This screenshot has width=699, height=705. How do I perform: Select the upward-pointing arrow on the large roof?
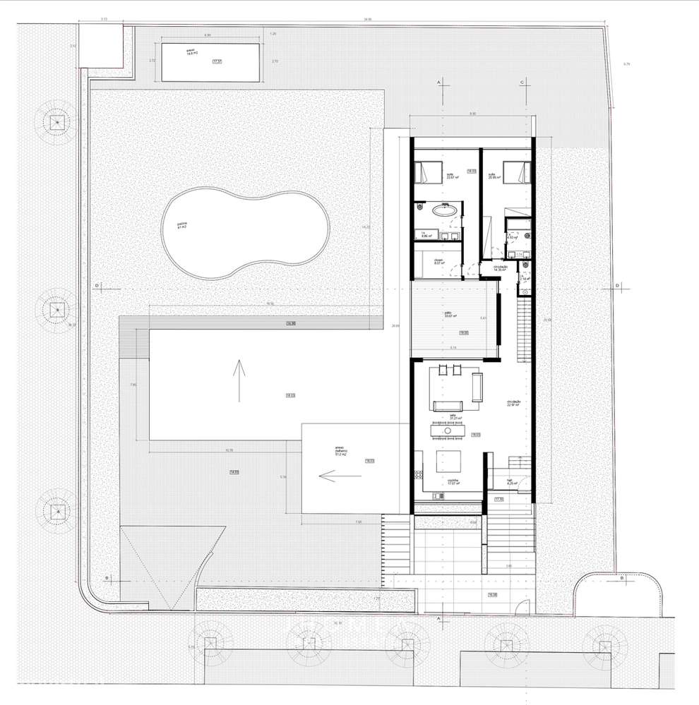[239, 380]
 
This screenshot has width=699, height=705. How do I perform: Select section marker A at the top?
[439, 83]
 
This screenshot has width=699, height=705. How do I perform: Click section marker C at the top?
[522, 83]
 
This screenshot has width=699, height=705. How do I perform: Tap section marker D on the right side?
[618, 285]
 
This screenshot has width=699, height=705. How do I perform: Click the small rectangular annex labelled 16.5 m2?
[213, 62]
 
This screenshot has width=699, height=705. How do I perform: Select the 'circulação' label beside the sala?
[514, 404]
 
